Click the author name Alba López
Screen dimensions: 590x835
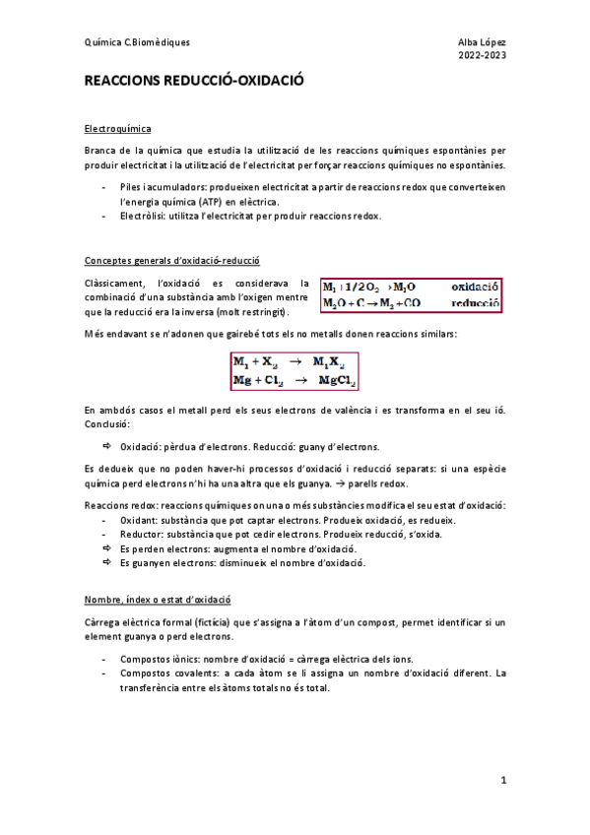click(480, 42)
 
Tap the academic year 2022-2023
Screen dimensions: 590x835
click(482, 56)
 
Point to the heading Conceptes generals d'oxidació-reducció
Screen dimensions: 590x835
click(172, 262)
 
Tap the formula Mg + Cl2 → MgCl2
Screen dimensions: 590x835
click(294, 380)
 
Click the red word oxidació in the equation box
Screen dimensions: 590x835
click(476, 287)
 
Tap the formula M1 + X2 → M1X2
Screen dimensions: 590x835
click(294, 361)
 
